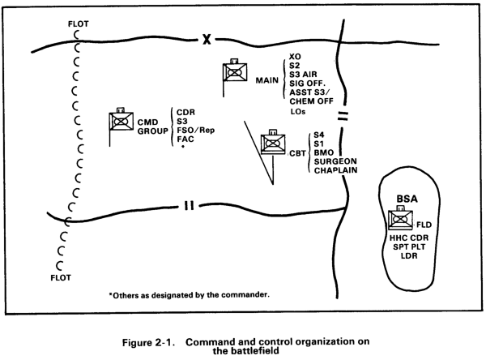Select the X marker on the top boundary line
tap(207, 38)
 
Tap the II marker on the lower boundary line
tap(189, 205)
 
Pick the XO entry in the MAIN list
tap(295, 48)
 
